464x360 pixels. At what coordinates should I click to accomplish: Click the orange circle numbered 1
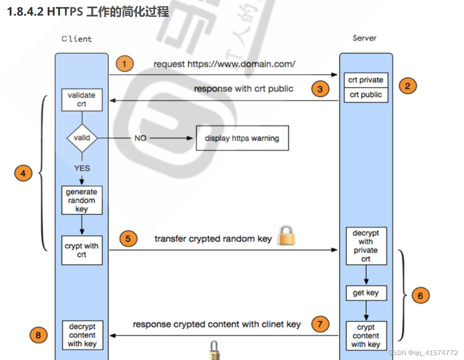coord(125,64)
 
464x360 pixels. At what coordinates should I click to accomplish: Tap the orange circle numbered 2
coord(407,86)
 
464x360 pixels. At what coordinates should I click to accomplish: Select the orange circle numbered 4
coord(23,173)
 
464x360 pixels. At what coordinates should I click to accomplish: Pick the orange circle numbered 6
coord(420,295)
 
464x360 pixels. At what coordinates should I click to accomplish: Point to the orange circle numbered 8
coord(39,335)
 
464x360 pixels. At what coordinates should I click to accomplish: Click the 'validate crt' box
coord(82,100)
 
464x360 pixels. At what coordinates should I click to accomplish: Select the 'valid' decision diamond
coord(82,138)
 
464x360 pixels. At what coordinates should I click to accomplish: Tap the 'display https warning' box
coord(242,138)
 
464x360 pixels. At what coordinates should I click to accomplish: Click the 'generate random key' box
coord(82,200)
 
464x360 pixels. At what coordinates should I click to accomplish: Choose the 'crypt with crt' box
coord(82,250)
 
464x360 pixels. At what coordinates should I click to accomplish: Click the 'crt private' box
coord(366,80)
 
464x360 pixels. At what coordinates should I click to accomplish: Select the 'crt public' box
coord(366,95)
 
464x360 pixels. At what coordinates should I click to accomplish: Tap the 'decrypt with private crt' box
coord(366,246)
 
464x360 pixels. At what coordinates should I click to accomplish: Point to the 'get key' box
coord(366,293)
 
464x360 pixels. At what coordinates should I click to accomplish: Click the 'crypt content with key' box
coord(366,336)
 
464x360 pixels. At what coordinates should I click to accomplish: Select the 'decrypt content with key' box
coord(82,335)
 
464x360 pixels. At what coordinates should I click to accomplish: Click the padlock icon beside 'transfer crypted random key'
coord(286,235)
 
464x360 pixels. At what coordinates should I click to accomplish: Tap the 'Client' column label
coord(77,39)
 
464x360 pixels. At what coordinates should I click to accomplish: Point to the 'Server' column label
coord(364,38)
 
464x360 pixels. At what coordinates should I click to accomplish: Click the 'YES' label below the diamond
coord(82,168)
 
